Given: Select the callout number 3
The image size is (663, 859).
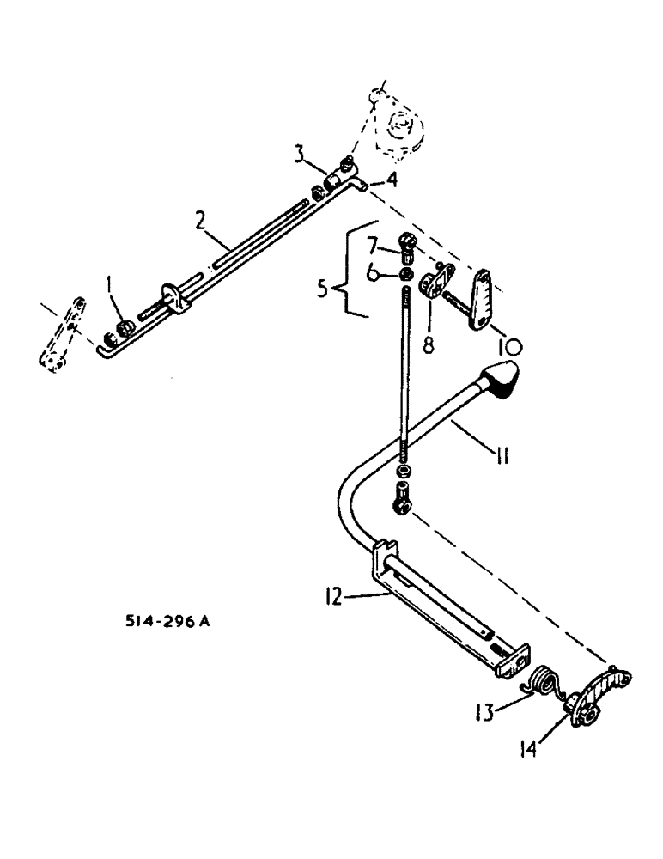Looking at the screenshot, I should coord(298,155).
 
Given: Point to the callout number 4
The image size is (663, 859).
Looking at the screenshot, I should coord(392,180).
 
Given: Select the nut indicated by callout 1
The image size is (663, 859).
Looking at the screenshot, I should coord(126,327).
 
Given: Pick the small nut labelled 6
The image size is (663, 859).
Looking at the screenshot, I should coord(403,276).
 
